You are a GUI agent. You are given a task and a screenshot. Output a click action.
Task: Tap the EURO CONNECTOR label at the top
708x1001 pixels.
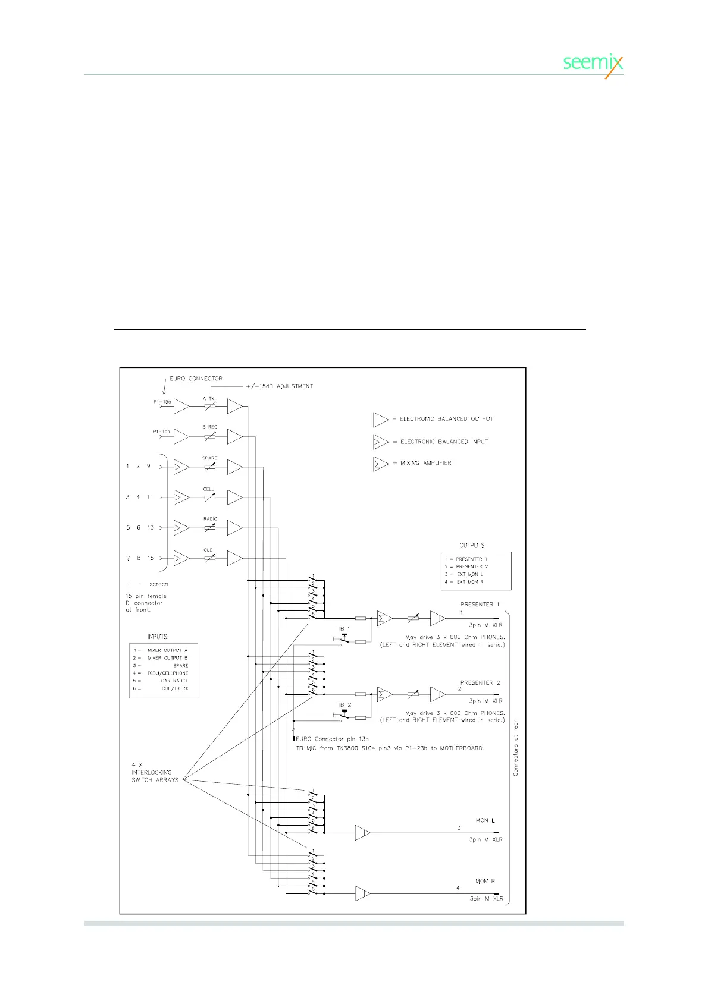click(196, 379)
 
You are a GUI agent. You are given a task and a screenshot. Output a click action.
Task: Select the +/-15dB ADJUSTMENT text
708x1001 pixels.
click(279, 386)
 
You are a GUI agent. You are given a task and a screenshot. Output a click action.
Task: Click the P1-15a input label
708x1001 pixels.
click(162, 402)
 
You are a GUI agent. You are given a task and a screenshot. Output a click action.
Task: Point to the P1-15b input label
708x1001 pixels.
click(161, 432)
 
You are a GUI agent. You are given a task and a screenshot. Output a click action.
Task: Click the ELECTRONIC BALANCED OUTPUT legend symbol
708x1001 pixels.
click(380, 420)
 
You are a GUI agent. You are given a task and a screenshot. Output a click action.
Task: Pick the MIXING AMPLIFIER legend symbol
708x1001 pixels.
click(380, 464)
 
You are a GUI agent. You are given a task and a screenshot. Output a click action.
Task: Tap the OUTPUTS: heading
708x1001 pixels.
click(472, 545)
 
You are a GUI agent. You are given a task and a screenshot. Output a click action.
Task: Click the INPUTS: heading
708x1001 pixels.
click(158, 637)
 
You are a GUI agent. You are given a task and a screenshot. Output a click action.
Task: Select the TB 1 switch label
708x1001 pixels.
click(344, 628)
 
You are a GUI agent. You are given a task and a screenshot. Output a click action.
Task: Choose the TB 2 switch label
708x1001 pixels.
click(344, 705)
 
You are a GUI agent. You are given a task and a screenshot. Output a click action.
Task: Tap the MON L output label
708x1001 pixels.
click(485, 820)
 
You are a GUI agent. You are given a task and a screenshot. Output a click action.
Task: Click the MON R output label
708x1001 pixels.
click(485, 882)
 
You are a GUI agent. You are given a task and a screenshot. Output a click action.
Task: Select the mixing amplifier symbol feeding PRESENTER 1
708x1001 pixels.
click(384, 619)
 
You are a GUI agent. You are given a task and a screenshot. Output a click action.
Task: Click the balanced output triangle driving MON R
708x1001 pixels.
click(363, 893)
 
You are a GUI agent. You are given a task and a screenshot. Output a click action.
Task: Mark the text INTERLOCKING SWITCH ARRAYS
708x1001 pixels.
click(154, 773)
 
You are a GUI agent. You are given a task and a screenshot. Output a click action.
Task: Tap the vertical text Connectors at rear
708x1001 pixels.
click(516, 748)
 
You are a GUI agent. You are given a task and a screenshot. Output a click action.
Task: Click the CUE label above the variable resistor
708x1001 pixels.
click(208, 550)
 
